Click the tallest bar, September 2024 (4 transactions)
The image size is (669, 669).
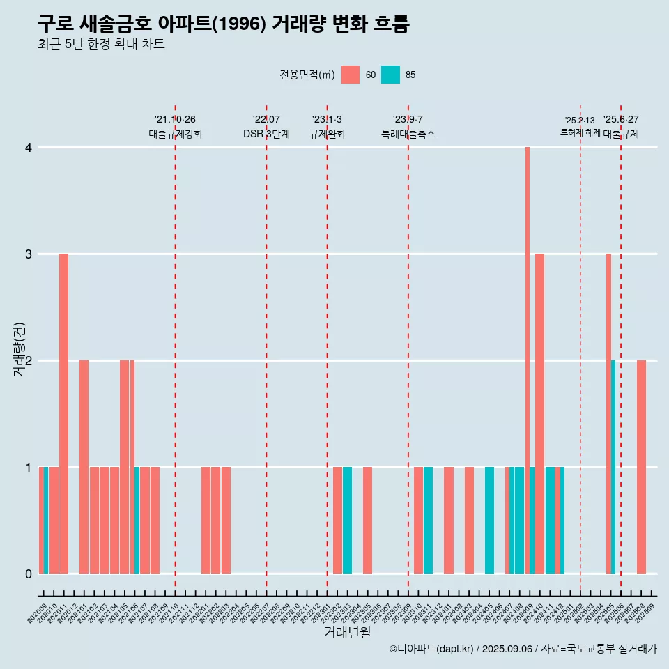(528, 360)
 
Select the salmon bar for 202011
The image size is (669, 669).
(63, 413)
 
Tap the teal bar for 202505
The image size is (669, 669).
(613, 467)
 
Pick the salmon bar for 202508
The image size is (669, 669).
(641, 467)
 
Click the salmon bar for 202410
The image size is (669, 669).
(539, 413)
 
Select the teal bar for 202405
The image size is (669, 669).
(489, 520)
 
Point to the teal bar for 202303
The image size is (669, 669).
(347, 520)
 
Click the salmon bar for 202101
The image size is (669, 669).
(84, 467)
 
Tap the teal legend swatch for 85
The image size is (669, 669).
(390, 75)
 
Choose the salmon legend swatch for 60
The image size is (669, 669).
(351, 75)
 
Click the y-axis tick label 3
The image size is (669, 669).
(29, 254)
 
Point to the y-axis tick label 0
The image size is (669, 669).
(29, 574)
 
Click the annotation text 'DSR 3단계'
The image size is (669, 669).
(266, 134)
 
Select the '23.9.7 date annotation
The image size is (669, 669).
(408, 119)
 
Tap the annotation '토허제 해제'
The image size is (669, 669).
(580, 132)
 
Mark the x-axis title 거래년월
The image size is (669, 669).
(347, 632)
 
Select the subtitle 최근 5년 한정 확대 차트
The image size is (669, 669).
(101, 45)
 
